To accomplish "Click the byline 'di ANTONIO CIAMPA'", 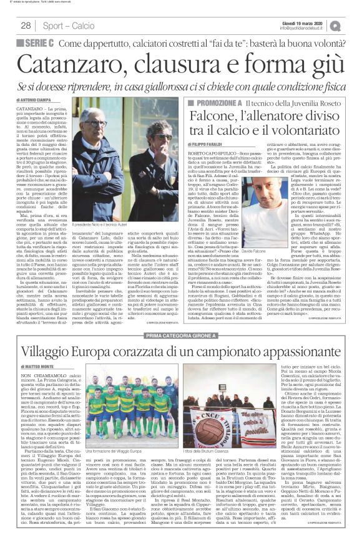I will coord(32,99).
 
